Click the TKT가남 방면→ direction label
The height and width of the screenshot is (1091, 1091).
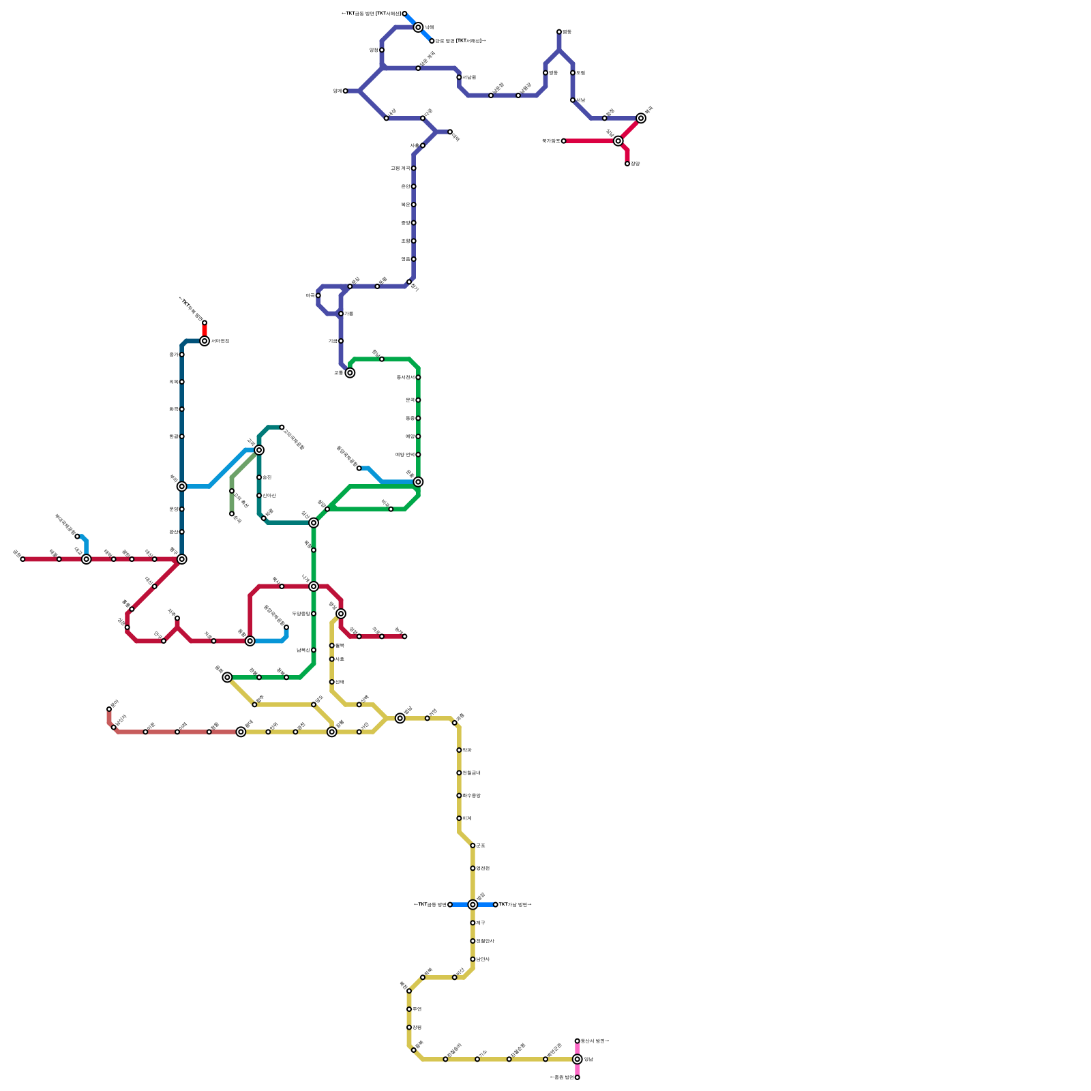pyautogui.click(x=515, y=905)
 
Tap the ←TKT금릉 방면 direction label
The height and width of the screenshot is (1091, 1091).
pyautogui.click(x=430, y=905)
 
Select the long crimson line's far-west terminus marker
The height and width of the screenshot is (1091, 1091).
pyautogui.click(x=23, y=559)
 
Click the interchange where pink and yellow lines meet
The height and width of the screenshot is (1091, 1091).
pyautogui.click(x=578, y=1059)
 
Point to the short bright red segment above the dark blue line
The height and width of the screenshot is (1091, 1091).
pyautogui.click(x=205, y=331)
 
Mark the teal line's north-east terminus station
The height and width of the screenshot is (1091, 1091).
pyautogui.click(x=282, y=428)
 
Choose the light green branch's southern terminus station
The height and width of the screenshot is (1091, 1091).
pyautogui.click(x=232, y=514)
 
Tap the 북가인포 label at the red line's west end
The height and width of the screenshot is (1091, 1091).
pyautogui.click(x=551, y=141)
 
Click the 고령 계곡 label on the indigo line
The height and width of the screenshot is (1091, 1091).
pyautogui.click(x=400, y=168)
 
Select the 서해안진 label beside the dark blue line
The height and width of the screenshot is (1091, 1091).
pyautogui.click(x=220, y=341)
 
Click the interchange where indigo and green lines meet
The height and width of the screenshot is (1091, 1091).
pyautogui.click(x=350, y=373)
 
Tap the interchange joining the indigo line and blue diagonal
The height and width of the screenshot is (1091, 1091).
pyautogui.click(x=418, y=27)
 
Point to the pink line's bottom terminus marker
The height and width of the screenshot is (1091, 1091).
pyautogui.click(x=578, y=1077)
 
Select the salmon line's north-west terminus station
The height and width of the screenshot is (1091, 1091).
pyautogui.click(x=109, y=709)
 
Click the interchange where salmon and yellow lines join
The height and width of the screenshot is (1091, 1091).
pyautogui.click(x=241, y=732)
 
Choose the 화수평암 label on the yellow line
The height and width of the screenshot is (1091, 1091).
pyautogui.click(x=471, y=796)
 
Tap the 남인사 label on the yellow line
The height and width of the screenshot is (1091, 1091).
pyautogui.click(x=483, y=959)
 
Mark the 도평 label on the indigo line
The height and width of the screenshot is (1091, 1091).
pyautogui.click(x=581, y=73)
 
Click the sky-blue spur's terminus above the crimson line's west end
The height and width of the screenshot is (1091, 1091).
pyautogui.click(x=77, y=537)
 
